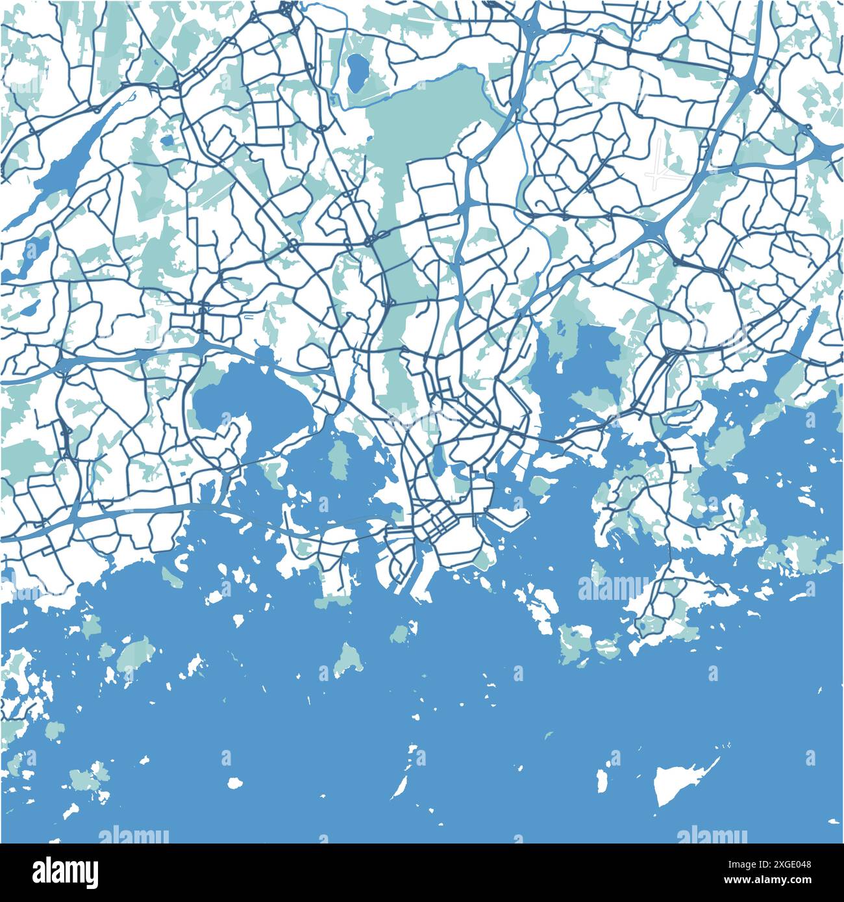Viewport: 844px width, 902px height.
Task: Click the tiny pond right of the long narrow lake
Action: [168, 139]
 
